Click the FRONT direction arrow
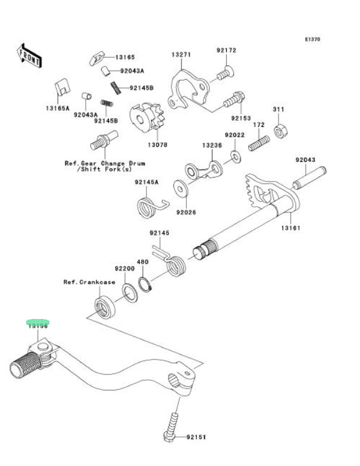click(29, 54)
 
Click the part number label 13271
click(181, 55)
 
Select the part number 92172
click(227, 51)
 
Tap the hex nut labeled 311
click(278, 130)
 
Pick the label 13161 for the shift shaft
click(290, 228)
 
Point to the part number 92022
click(234, 136)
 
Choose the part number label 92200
click(124, 269)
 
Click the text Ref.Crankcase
click(89, 282)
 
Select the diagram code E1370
click(312, 39)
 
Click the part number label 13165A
click(57, 108)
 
